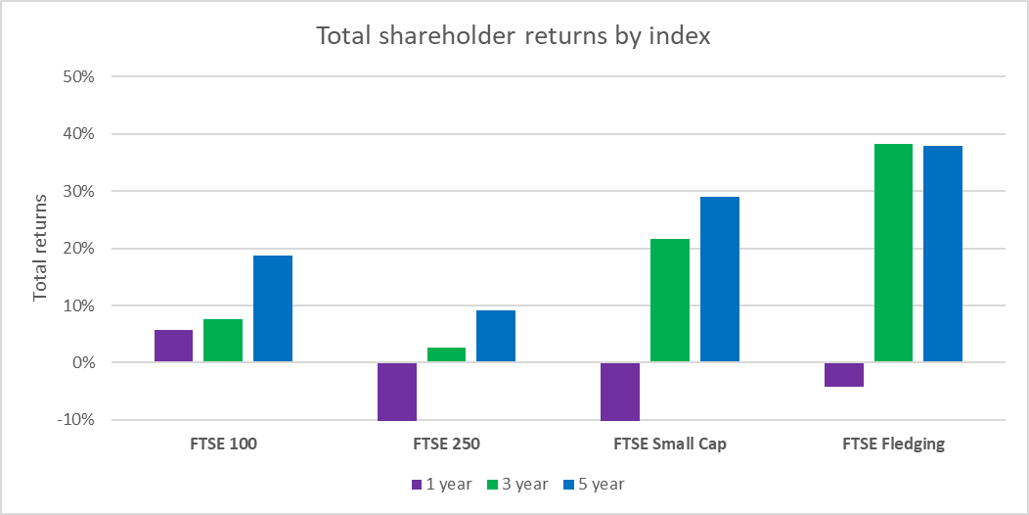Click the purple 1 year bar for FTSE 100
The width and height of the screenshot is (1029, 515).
tap(173, 347)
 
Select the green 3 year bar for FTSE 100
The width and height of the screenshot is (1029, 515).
tap(223, 341)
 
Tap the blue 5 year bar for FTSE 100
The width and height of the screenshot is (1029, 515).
tap(273, 308)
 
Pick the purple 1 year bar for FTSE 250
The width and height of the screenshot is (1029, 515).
tap(397, 392)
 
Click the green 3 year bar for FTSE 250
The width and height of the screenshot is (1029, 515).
tap(446, 355)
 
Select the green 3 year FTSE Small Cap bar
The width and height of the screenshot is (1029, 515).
tap(670, 301)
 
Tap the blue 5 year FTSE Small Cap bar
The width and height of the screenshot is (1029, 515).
tap(720, 279)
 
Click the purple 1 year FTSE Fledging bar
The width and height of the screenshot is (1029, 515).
tap(844, 375)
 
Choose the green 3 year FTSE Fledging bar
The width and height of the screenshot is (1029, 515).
tap(893, 253)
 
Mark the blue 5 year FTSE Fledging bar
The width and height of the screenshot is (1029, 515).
tap(943, 254)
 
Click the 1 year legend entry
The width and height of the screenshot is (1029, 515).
tap(441, 484)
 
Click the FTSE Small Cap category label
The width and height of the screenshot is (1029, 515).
tap(670, 444)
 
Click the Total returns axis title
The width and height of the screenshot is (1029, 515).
tap(40, 249)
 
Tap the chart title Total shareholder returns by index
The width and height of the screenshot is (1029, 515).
tap(514, 36)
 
